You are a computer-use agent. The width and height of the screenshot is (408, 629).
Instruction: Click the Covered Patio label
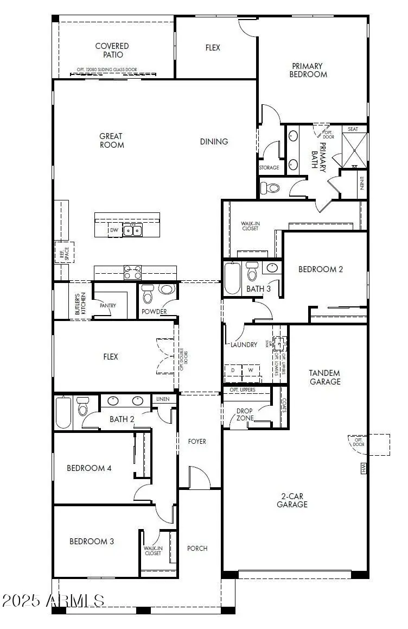click(x=112, y=51)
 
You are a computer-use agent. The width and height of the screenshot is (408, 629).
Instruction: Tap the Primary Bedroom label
click(x=308, y=70)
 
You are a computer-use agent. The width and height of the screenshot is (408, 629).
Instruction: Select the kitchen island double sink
click(x=132, y=230)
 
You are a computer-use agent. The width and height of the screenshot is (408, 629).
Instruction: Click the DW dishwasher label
click(x=114, y=231)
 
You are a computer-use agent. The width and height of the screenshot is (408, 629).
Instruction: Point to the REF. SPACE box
click(x=63, y=252)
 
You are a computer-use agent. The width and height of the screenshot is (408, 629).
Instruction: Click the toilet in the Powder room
click(x=148, y=296)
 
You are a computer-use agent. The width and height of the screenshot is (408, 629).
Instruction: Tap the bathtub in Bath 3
click(x=232, y=278)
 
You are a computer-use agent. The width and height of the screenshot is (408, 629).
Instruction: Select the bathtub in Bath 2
click(x=63, y=413)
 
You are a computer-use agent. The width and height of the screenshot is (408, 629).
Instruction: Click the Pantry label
click(x=107, y=306)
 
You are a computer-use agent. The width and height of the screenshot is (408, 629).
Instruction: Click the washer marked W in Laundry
click(x=251, y=370)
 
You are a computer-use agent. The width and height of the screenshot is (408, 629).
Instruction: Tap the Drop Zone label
click(x=244, y=414)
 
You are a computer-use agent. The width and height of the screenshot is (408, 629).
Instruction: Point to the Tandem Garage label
click(x=324, y=377)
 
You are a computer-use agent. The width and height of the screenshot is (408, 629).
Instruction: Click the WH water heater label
click(x=363, y=468)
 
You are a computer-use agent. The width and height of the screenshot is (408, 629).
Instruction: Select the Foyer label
click(x=197, y=442)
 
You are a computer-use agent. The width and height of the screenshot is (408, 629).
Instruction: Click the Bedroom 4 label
click(x=89, y=468)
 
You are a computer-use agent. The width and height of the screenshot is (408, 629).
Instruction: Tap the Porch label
click(x=197, y=548)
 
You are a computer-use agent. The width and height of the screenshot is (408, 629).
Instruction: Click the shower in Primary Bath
click(x=354, y=150)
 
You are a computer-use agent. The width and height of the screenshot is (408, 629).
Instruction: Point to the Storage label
click(x=269, y=168)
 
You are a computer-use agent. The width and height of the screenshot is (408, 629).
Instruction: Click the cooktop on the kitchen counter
click(x=132, y=272)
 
